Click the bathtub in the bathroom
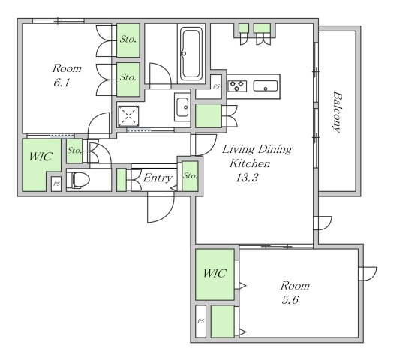(191, 53)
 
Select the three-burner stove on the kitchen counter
(237, 85)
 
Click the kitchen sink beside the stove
(266, 85)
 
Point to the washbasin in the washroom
(182, 107)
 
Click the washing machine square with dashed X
(128, 115)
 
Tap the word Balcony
(338, 112)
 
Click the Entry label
(158, 178)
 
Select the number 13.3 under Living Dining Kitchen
(247, 178)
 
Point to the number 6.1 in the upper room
(62, 82)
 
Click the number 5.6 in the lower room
(290, 300)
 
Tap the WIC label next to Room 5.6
(215, 273)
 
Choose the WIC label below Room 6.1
(41, 157)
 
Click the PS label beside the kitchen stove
(216, 86)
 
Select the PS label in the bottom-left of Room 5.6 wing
(201, 321)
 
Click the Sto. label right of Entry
(190, 175)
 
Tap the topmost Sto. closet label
(128, 40)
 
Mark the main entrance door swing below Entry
(161, 207)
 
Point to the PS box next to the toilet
(56, 184)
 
